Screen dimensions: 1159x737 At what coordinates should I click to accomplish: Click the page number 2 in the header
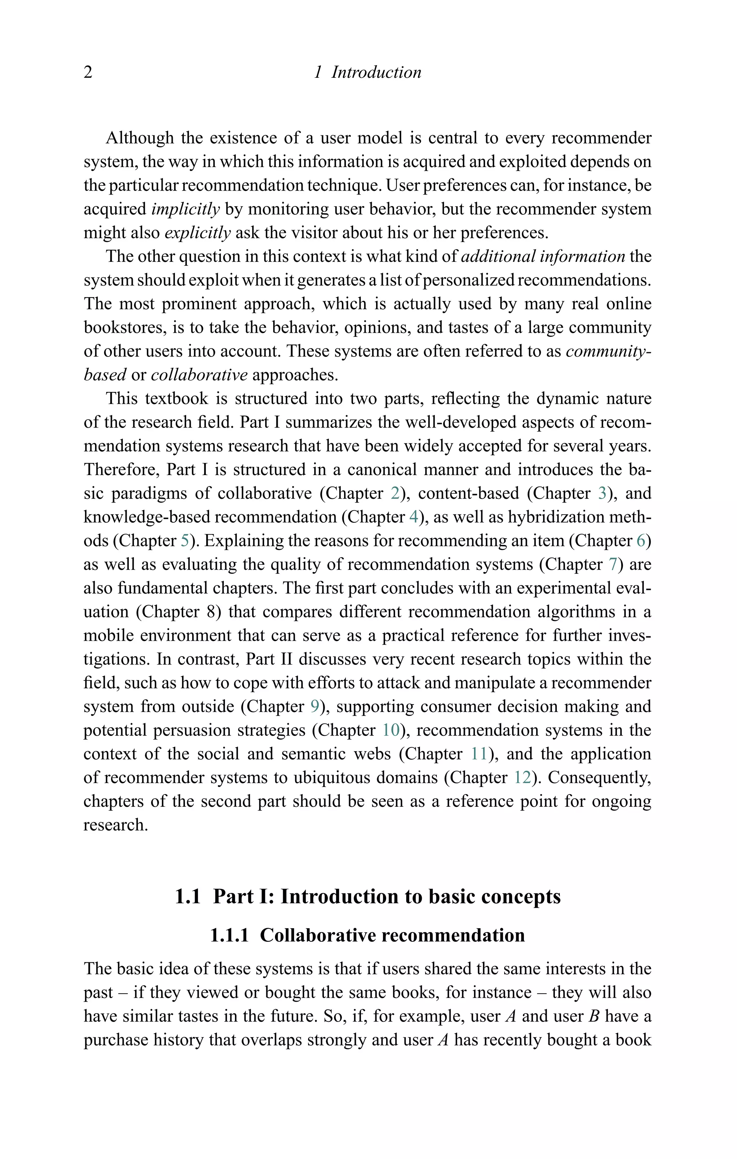(88, 72)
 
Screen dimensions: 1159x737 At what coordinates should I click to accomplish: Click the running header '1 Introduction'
(367, 72)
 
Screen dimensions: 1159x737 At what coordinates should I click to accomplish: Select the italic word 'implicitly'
(185, 209)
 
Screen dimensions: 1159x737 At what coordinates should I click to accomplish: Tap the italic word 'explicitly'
(198, 232)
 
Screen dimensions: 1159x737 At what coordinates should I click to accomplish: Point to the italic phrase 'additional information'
(543, 256)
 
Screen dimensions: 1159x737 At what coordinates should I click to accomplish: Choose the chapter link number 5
(185, 541)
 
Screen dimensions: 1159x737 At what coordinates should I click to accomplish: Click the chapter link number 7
(613, 564)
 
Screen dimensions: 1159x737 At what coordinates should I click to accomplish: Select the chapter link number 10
(390, 730)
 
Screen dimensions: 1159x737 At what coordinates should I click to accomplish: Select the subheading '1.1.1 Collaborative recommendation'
(367, 935)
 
